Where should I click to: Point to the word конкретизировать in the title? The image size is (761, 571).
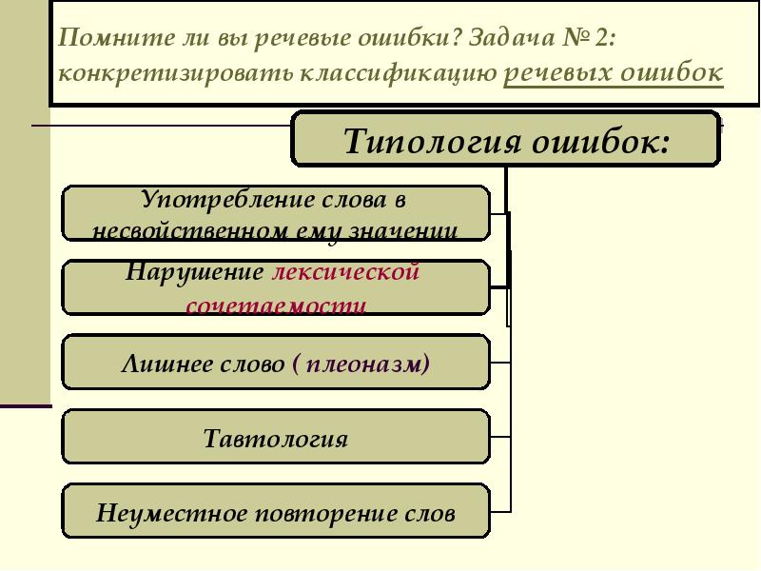(x=177, y=74)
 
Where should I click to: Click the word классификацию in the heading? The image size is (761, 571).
(x=400, y=74)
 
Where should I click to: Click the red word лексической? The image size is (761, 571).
(x=346, y=272)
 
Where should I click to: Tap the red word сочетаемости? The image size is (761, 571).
(x=276, y=305)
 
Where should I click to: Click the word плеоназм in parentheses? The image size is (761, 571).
(x=366, y=364)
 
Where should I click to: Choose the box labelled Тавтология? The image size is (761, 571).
(x=276, y=440)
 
